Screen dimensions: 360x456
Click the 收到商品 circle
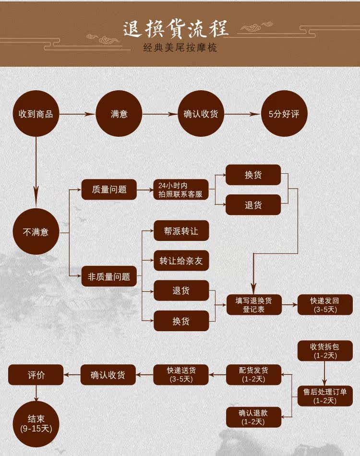click(x=36, y=114)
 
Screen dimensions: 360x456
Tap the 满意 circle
click(x=119, y=114)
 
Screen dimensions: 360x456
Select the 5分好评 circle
click(x=284, y=114)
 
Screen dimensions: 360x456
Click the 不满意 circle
click(x=36, y=232)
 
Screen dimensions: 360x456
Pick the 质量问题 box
click(x=109, y=189)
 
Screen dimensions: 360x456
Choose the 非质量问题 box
click(x=109, y=276)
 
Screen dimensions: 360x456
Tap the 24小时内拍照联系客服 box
click(x=180, y=190)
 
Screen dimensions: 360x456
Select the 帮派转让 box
click(x=181, y=231)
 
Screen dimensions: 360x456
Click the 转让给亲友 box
click(x=181, y=261)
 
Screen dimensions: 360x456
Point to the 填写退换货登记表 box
click(x=253, y=305)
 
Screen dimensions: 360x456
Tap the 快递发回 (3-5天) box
click(x=325, y=305)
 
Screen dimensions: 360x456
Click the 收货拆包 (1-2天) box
click(x=325, y=351)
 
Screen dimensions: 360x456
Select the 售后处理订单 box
click(x=325, y=396)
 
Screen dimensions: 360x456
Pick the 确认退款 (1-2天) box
click(x=253, y=417)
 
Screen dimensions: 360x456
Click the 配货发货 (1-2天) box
click(x=253, y=374)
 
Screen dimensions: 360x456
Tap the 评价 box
click(x=36, y=374)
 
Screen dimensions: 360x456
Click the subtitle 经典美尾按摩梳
click(x=180, y=48)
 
